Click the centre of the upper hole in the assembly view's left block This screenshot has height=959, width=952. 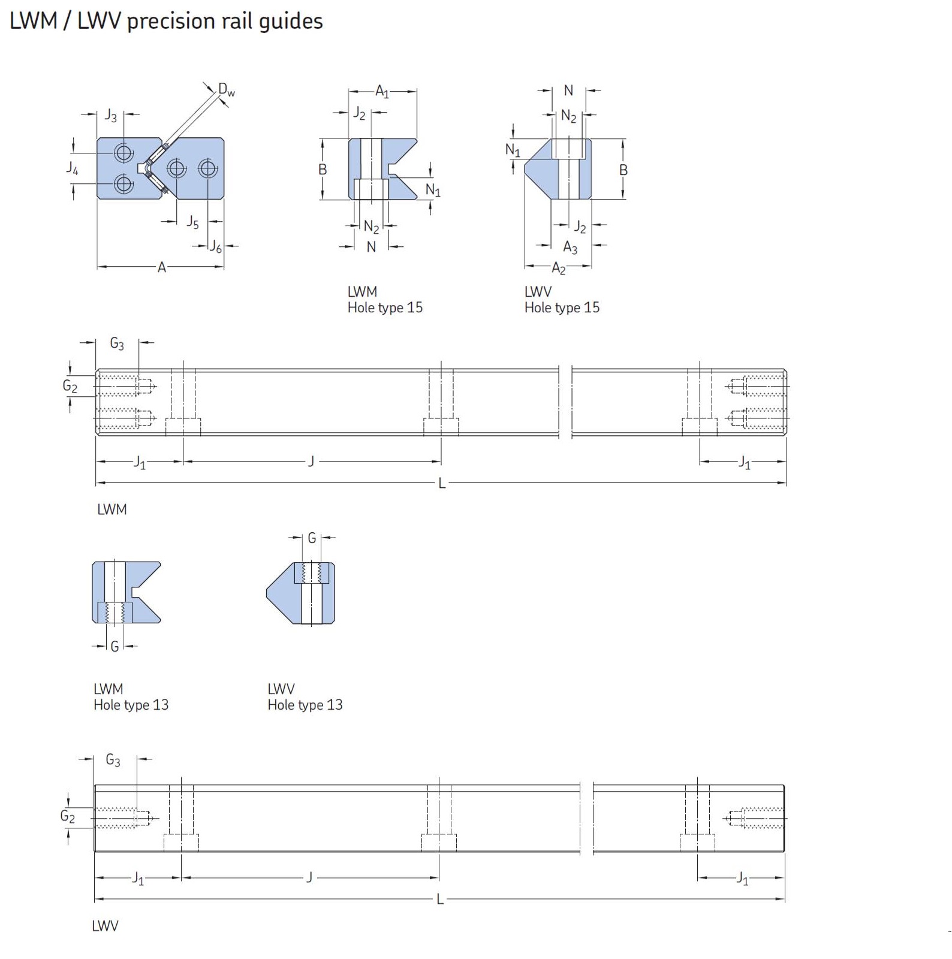pos(124,153)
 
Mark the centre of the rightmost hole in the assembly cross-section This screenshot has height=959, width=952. pos(208,168)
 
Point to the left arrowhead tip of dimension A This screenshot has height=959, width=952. pos(97,266)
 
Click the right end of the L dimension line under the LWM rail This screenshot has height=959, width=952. pos(786,482)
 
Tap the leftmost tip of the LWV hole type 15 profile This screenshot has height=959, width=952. pos(525,161)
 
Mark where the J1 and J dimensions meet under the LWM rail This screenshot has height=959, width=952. pos(183,461)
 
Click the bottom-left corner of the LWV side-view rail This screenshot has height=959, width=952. pos(95,851)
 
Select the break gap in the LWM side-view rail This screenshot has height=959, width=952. pos(565,402)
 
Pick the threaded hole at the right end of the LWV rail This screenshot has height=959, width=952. pos(754,818)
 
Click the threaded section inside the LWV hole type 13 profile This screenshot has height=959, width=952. pos(311,573)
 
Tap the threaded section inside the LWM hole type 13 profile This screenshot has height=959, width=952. pos(115,612)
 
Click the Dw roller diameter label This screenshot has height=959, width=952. pos(227,90)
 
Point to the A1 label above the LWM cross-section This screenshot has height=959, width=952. pos(382,92)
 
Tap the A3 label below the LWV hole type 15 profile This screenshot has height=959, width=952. pos(570,247)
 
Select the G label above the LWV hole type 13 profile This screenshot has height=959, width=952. pos(312,538)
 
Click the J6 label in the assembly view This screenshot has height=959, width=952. pos(215,246)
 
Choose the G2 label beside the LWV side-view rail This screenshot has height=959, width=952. pos(68,816)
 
